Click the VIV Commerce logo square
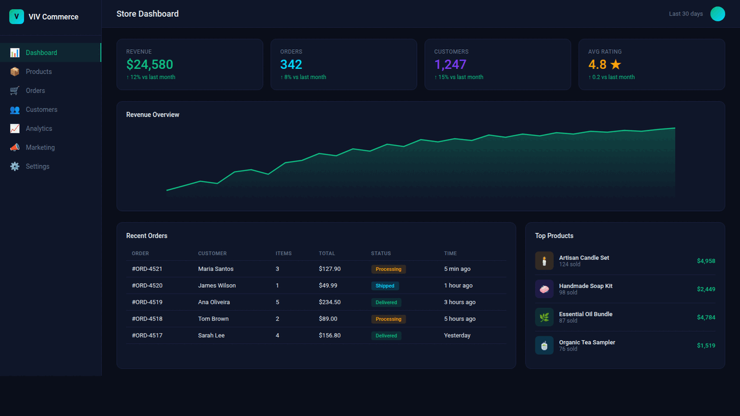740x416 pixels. click(16, 17)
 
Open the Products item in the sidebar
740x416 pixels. click(39, 72)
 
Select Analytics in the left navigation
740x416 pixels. click(39, 128)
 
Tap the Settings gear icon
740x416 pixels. click(14, 166)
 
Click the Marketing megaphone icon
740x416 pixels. click(14, 147)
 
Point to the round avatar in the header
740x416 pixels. click(717, 14)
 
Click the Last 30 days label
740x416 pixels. click(686, 14)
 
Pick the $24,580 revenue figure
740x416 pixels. click(150, 65)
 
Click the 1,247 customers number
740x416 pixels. click(450, 65)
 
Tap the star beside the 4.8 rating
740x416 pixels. click(615, 65)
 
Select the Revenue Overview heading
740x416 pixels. click(153, 115)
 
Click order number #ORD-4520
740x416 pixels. click(147, 285)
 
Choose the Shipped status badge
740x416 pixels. click(385, 285)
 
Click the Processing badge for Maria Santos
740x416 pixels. click(388, 269)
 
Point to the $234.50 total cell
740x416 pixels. click(330, 302)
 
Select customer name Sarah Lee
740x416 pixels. click(211, 336)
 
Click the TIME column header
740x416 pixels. click(450, 254)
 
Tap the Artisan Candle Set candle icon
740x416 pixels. click(544, 261)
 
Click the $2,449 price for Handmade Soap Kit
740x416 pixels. click(706, 289)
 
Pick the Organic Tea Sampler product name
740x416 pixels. click(587, 343)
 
